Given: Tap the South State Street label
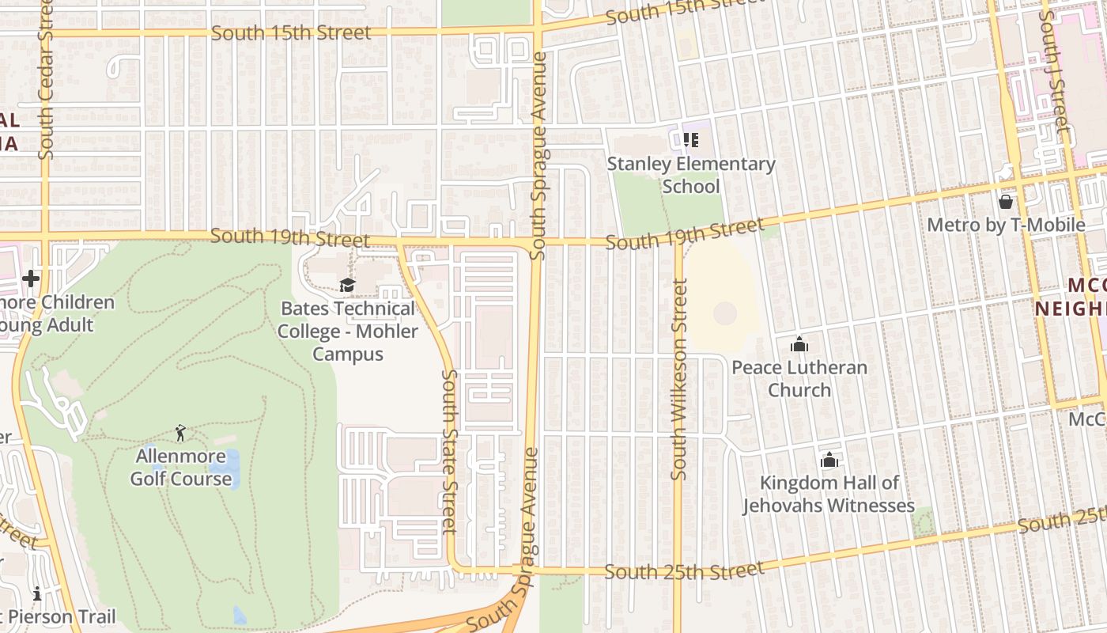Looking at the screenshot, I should click(x=449, y=451).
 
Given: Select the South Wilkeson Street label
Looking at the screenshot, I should click(x=678, y=380).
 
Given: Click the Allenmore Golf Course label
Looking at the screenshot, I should click(x=181, y=468).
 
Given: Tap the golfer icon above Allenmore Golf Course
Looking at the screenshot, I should click(x=181, y=433).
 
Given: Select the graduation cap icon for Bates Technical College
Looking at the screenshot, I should click(x=347, y=285).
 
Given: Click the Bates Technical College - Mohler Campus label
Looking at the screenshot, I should click(x=347, y=331).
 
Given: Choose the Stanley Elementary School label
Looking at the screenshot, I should click(x=691, y=175).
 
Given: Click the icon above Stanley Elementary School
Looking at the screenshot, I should click(x=691, y=140).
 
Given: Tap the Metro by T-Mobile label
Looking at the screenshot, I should click(x=1006, y=225).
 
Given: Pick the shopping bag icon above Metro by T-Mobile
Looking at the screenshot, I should click(x=1006, y=202).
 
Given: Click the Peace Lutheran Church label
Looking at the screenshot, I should click(x=799, y=378).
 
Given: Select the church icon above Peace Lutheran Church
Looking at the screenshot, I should click(x=799, y=344).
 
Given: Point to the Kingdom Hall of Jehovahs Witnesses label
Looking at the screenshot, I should click(x=829, y=494).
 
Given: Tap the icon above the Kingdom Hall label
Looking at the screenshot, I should click(x=829, y=460).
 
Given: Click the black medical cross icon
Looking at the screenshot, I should click(x=31, y=279).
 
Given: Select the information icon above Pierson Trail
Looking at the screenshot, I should click(x=36, y=593).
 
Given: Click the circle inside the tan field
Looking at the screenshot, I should click(x=724, y=313).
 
